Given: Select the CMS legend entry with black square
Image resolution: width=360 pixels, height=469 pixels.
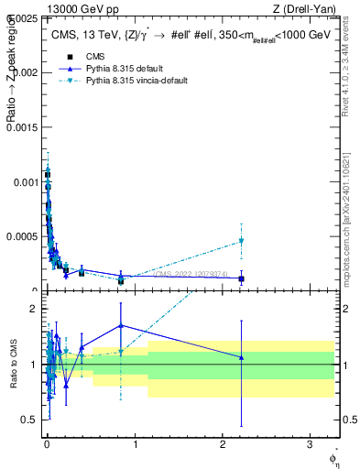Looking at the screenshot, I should click(x=83, y=56).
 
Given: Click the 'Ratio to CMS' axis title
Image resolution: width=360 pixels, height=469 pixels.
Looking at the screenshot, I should click(x=14, y=365).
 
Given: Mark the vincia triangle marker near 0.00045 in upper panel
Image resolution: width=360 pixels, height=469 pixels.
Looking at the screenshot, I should click(x=241, y=241).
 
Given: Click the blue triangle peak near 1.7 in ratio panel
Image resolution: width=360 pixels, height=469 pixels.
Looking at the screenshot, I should click(x=121, y=325).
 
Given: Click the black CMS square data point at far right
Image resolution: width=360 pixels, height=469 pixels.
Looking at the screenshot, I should click(x=241, y=278).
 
